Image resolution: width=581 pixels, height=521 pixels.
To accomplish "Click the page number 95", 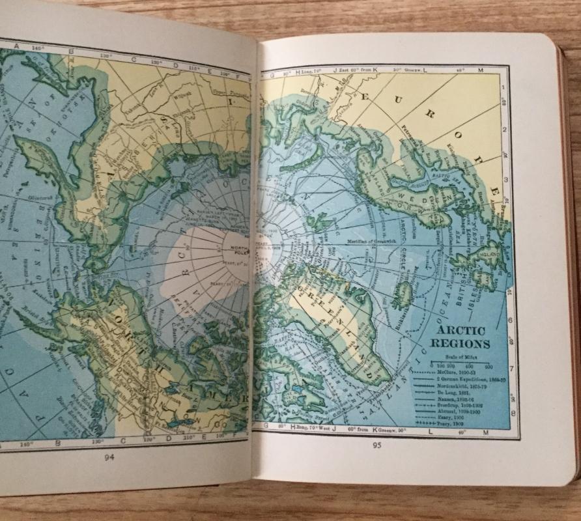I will (x=376, y=446).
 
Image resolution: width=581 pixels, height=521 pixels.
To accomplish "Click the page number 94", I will (x=109, y=457).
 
